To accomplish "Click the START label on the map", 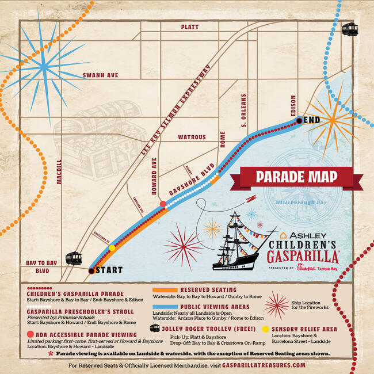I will (x=109, y=269).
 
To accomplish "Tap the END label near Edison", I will (x=311, y=120).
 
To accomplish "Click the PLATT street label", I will (x=189, y=27).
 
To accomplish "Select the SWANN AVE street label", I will (x=100, y=75).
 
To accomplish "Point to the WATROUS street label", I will (x=192, y=137).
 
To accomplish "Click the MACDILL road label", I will (x=58, y=171).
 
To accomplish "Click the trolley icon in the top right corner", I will (x=349, y=29).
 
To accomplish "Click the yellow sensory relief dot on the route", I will (x=112, y=248).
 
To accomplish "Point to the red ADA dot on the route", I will (x=163, y=204).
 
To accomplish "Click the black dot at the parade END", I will (x=299, y=120).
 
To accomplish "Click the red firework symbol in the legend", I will (x=277, y=304).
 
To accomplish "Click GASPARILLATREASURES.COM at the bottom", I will (x=259, y=365).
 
